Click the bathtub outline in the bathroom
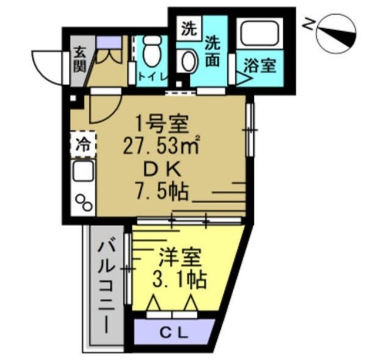(x=258, y=33)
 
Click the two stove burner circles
(x=83, y=201)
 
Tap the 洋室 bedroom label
(x=180, y=257)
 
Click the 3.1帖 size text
(x=179, y=280)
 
